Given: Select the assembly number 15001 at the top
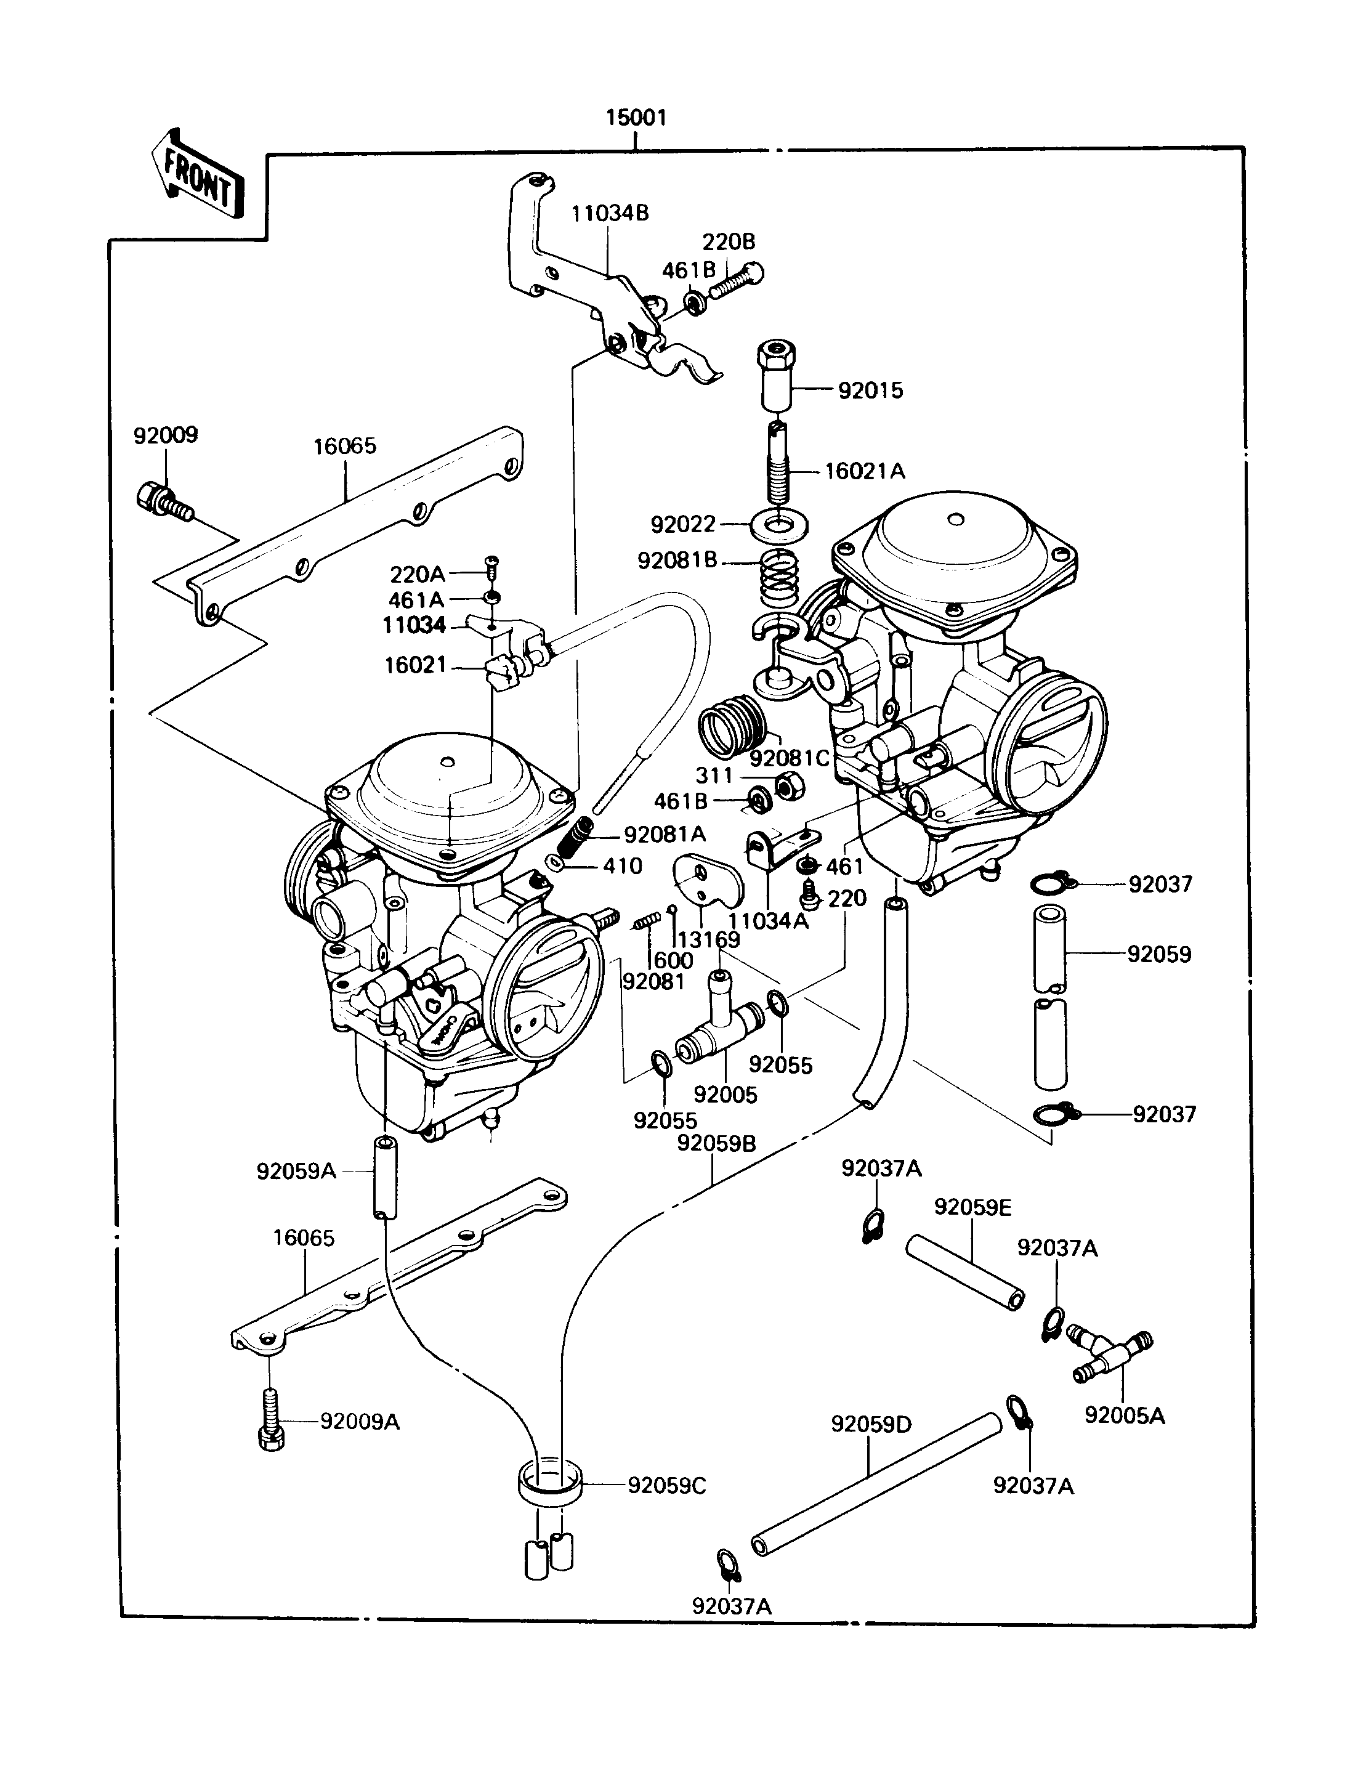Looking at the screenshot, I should point(636,118).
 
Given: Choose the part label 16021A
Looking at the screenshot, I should point(865,471).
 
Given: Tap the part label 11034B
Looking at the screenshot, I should point(610,214).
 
